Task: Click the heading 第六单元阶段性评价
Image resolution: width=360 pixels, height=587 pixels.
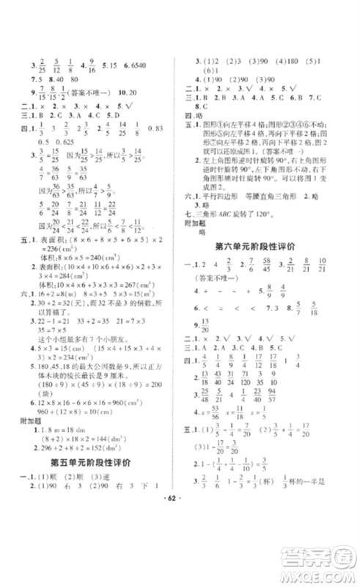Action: [269, 247]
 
